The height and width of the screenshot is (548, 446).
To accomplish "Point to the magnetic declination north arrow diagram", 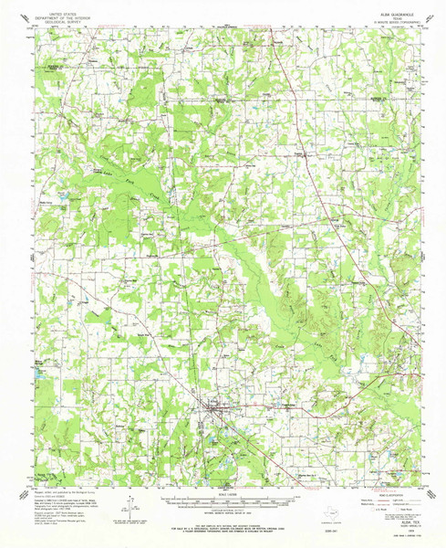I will [130, 504].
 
